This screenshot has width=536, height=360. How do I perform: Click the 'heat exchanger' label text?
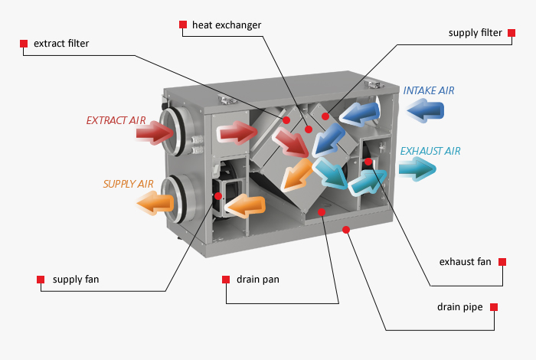pos(227,25)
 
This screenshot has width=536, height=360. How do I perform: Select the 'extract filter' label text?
pos(61,44)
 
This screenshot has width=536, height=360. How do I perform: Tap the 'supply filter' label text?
pos(476,33)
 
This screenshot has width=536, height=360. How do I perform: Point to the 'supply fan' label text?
pos(76,280)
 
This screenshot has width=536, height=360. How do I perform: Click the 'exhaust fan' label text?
pos(465,262)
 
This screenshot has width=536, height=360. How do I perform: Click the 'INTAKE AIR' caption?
pos(429,90)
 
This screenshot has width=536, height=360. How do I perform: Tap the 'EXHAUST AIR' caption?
pos(430,151)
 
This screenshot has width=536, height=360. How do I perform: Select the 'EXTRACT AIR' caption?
pos(115,120)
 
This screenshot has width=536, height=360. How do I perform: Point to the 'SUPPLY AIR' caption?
pos(129,184)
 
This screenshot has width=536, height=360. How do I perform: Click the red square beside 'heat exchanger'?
pos(183,25)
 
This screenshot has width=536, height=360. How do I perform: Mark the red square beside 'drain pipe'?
pos(494,307)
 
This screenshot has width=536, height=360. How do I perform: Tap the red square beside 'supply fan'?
pos(41,280)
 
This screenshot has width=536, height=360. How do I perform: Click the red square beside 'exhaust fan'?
pos(503,262)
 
